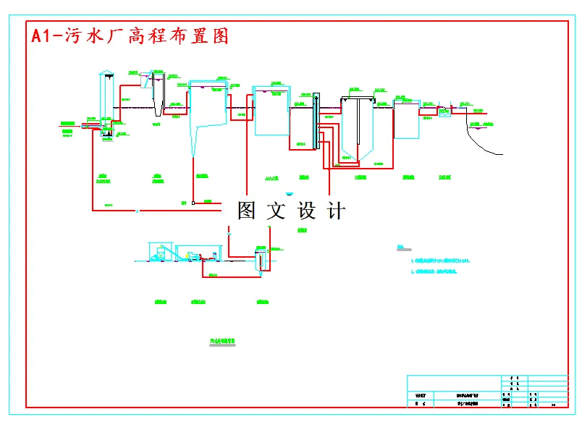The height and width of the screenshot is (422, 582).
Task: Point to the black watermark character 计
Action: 337,211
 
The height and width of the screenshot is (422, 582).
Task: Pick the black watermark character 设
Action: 308,211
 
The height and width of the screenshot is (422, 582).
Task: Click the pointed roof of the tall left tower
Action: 106,73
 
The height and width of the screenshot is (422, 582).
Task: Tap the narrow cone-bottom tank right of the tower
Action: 158,94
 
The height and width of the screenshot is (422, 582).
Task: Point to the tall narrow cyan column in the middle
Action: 316,119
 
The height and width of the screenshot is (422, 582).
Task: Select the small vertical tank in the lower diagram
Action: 259,259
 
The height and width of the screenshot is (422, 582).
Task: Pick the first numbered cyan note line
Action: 441,260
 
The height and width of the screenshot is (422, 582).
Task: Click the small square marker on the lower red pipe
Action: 193,203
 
